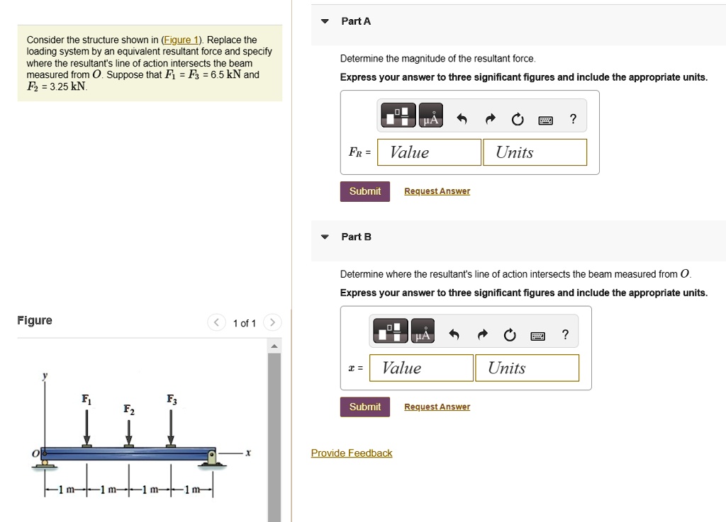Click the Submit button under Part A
(364, 191)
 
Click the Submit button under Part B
(364, 407)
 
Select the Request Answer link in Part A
(437, 191)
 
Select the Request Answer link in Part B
(437, 407)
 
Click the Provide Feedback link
(351, 453)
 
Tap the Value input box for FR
(429, 152)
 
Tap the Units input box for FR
(535, 152)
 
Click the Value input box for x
(421, 368)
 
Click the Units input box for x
(527, 368)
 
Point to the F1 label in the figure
(86, 399)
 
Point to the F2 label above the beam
(128, 409)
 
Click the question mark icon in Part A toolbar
(573, 120)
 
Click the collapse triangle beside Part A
(325, 21)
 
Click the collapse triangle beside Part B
(325, 237)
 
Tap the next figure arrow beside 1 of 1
(272, 323)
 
